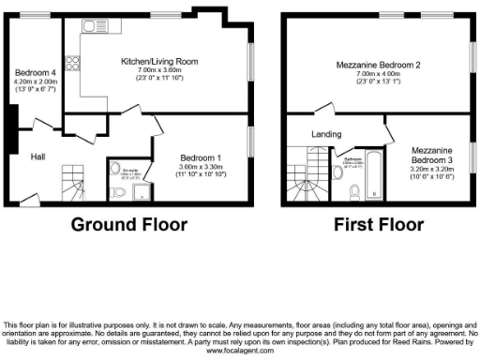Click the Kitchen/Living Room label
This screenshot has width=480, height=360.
(158, 61)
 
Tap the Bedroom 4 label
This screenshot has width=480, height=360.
(34, 71)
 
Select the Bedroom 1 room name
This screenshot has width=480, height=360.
(200, 157)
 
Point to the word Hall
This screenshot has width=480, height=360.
(38, 156)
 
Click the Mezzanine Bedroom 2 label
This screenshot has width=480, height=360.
(377, 65)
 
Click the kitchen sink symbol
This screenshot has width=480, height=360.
(95, 25)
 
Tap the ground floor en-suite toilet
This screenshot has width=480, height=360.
(117, 193)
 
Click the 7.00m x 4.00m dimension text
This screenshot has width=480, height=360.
(377, 75)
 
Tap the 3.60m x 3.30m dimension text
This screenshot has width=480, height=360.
(200, 167)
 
